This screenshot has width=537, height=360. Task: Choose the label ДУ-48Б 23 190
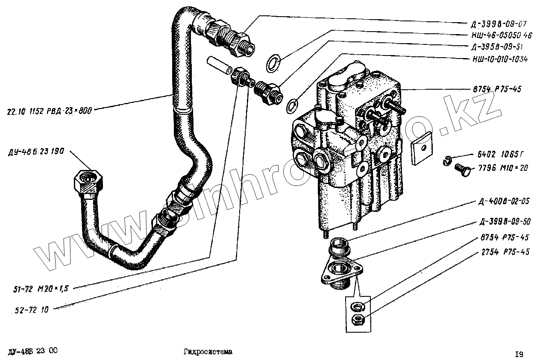coord(36,152)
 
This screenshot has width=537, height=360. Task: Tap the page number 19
coord(519,354)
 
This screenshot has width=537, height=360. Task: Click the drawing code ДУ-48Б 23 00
coord(32,351)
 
